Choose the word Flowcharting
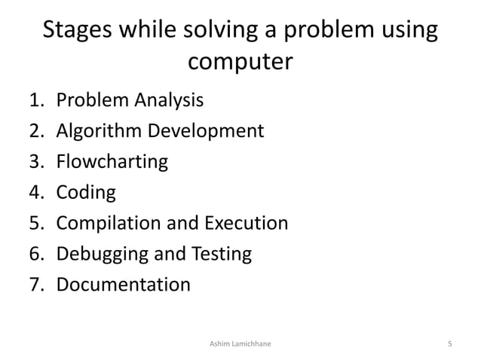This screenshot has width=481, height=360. coord(112,162)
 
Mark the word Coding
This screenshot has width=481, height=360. coord(86,194)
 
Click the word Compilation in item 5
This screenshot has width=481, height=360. coord(114,224)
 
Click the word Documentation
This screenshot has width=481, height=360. coord(124,285)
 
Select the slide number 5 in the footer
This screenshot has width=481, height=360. coord(449,344)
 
